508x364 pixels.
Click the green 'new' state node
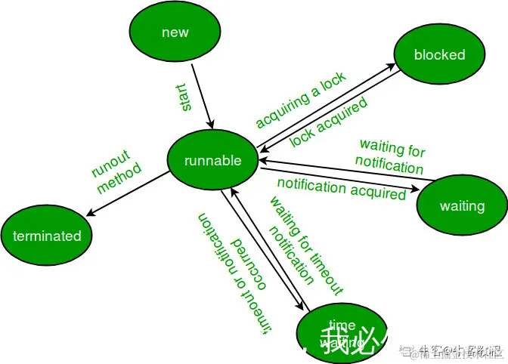175,32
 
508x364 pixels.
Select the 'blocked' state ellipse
439,54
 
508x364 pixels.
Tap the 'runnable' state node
213,160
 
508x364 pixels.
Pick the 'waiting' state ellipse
462,206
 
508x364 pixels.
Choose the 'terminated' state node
47,236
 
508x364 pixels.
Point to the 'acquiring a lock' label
300,100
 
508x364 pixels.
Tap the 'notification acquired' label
342,189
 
